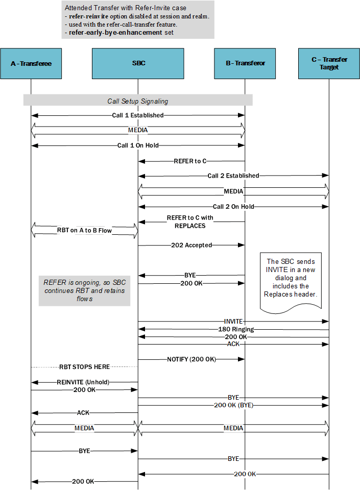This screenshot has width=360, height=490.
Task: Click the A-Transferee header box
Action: tap(31, 63)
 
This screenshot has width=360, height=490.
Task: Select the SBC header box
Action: tap(138, 63)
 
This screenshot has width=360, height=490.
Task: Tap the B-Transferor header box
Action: tap(245, 63)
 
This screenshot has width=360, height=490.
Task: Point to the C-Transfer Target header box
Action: tap(329, 63)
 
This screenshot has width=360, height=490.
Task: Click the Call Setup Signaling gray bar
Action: tap(138, 101)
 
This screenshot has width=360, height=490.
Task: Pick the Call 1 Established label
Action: tap(138, 115)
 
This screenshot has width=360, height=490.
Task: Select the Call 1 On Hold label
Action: tap(138, 145)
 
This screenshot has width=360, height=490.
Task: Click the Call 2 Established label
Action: tap(233, 176)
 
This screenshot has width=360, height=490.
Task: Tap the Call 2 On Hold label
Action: tap(233, 207)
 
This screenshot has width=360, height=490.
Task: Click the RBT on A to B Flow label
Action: tap(84, 230)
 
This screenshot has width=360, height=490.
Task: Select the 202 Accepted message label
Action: tap(191, 245)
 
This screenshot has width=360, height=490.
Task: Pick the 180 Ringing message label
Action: tap(233, 329)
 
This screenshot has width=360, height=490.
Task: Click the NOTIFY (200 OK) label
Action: tap(191, 359)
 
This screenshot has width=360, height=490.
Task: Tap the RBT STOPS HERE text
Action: tap(85, 366)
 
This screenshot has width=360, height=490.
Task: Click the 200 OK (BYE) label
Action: tap(233, 405)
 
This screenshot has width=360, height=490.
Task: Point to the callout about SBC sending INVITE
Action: tap(291, 280)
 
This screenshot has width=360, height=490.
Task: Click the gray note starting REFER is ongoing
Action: tap(84, 290)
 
